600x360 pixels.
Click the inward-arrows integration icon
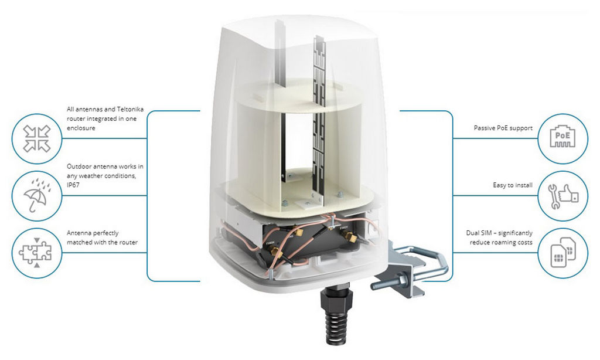[37, 138]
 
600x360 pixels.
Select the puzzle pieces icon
[36, 252]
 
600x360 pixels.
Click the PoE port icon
[562, 138]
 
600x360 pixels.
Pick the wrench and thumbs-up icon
[563, 196]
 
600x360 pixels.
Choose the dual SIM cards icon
[563, 252]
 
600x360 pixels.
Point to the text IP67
[73, 185]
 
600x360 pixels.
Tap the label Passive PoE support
[503, 128]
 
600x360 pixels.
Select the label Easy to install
[513, 185]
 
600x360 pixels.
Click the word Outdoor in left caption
[79, 166]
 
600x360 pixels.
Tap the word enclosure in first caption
[81, 128]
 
